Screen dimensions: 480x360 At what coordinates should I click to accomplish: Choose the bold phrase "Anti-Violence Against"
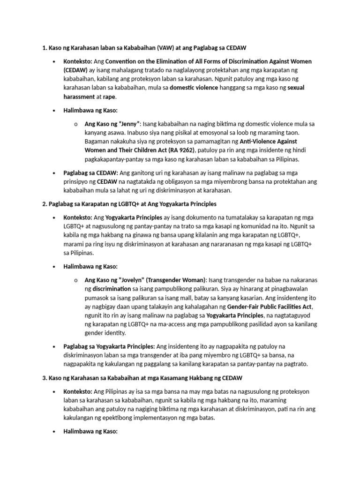click(x=269, y=141)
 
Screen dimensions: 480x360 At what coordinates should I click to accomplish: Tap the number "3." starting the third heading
click(x=45, y=378)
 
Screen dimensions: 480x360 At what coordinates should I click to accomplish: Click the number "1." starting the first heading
click(x=45, y=48)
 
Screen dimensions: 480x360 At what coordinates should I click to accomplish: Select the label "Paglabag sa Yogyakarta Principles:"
click(x=109, y=346)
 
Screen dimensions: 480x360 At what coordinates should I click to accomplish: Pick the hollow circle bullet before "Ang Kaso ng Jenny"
click(x=75, y=124)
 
